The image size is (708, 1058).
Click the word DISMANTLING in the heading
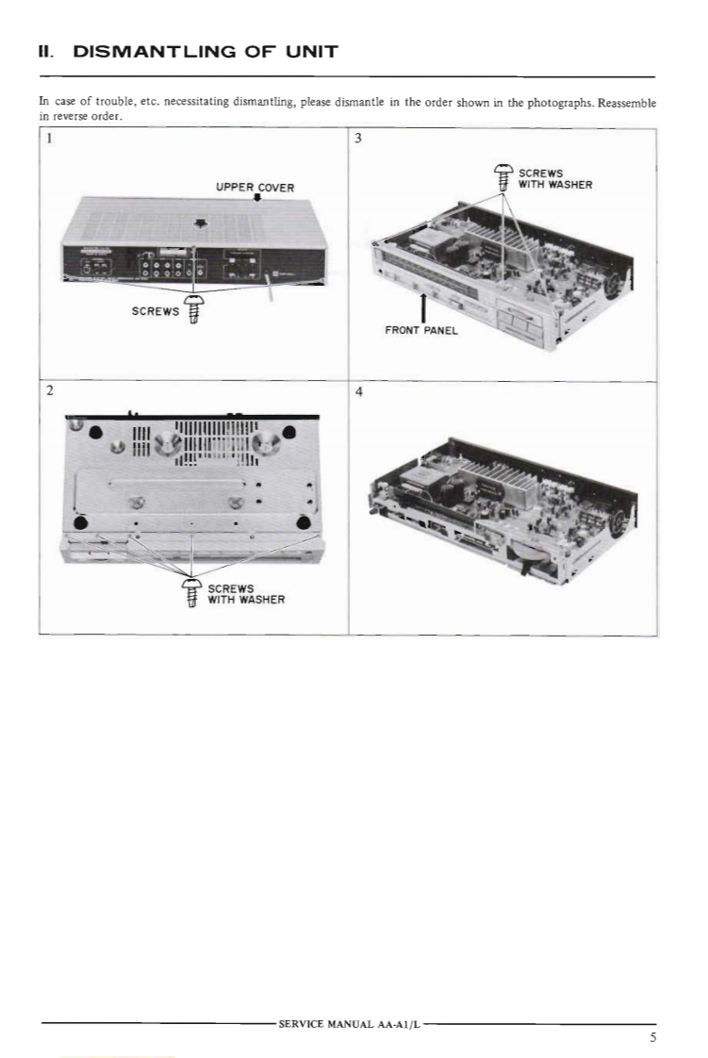(155, 52)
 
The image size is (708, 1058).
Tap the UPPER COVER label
(255, 188)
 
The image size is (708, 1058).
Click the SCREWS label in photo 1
(156, 311)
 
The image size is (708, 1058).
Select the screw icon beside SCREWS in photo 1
(193, 309)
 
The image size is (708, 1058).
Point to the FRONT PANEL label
(421, 331)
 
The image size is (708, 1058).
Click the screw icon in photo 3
(503, 178)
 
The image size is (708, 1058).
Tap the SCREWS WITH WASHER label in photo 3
(555, 179)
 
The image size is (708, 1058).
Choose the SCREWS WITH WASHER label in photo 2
(246, 594)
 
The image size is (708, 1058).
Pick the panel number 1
(49, 139)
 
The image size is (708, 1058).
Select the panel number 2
(49, 390)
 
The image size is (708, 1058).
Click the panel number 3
(359, 139)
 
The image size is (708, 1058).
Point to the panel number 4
(359, 391)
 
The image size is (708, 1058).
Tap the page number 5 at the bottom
(652, 1037)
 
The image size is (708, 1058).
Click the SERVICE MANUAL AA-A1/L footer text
(349, 1024)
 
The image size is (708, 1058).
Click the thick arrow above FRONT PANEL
(422, 307)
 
